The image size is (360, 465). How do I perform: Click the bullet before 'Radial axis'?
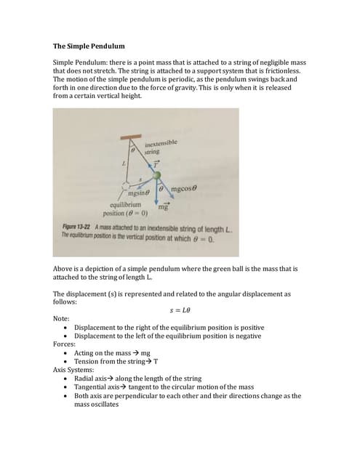coord(68,379)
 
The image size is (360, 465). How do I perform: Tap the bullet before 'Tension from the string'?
coord(68,362)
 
